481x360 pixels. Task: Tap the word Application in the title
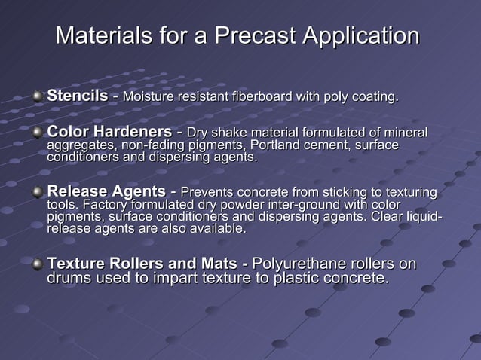[360, 35]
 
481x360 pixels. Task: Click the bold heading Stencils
[78, 96]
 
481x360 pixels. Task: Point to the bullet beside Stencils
[38, 97]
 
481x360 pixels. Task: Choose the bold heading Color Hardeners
[107, 133]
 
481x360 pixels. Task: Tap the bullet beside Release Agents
[38, 192]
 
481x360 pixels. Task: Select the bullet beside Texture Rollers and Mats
[38, 264]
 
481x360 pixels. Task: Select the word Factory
[106, 205]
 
